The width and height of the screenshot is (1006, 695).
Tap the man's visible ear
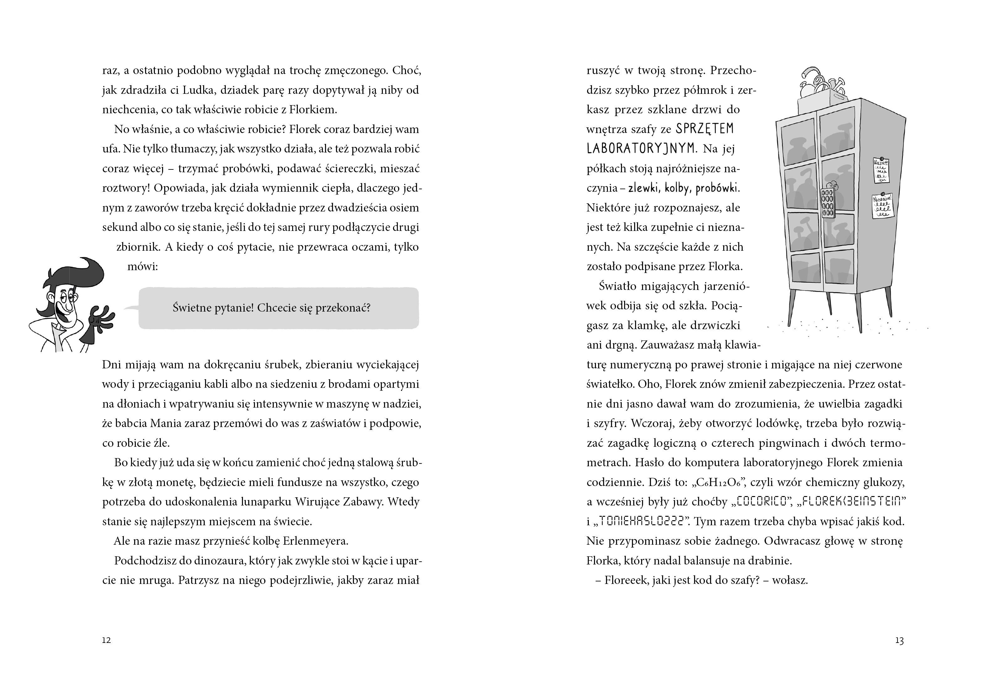coord(51,299)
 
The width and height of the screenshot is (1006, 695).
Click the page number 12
coord(107,640)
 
